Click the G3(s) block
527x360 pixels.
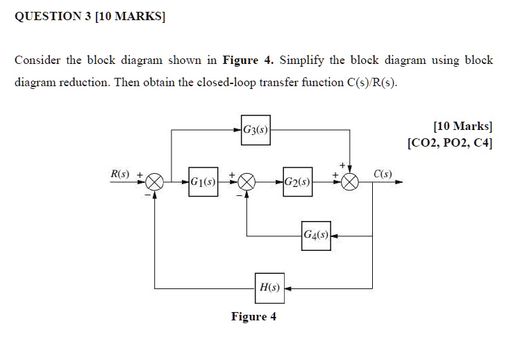[256, 130]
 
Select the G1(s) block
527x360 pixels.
[203, 181]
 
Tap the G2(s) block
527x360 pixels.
[297, 181]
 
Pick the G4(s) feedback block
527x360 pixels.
[316, 236]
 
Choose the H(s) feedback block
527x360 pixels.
[269, 288]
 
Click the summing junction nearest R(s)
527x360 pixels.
[155, 182]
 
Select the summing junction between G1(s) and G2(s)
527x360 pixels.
[246, 182]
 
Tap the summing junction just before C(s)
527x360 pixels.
[350, 182]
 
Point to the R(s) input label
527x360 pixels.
[120, 174]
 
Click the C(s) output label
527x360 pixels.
[383, 174]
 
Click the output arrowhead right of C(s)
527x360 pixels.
[399, 182]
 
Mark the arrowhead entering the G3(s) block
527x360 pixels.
[237, 130]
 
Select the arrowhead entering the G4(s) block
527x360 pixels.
[335, 236]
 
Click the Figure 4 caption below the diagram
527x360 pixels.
[253, 316]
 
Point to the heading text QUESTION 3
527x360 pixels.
[53, 16]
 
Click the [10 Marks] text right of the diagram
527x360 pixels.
[463, 126]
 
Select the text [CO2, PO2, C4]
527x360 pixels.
[450, 143]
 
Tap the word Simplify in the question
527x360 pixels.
[302, 60]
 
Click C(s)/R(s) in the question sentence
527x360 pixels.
[371, 83]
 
